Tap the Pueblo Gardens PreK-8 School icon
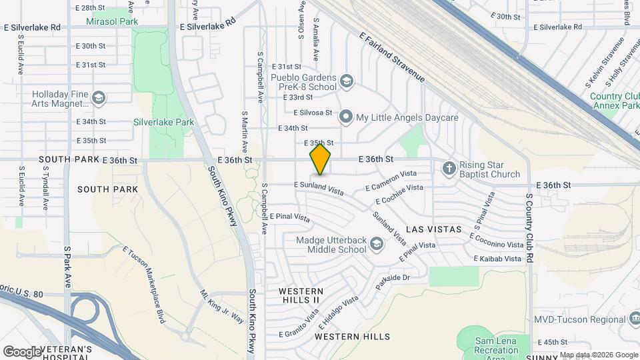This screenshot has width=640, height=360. click(346, 82)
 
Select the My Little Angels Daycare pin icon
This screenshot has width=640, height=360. click(345, 117)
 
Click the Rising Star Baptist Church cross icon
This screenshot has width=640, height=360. click(449, 169)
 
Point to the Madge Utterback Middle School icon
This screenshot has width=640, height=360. click(377, 244)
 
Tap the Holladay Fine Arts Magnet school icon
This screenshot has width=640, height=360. click(99, 99)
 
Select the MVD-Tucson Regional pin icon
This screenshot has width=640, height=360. click(631, 319)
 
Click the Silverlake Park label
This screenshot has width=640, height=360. click(163, 122)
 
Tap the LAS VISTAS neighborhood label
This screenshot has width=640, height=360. click(434, 229)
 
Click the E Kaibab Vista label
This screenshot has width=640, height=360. click(497, 259)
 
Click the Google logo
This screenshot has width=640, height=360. click(22, 351)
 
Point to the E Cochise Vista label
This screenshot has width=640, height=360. click(399, 194)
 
